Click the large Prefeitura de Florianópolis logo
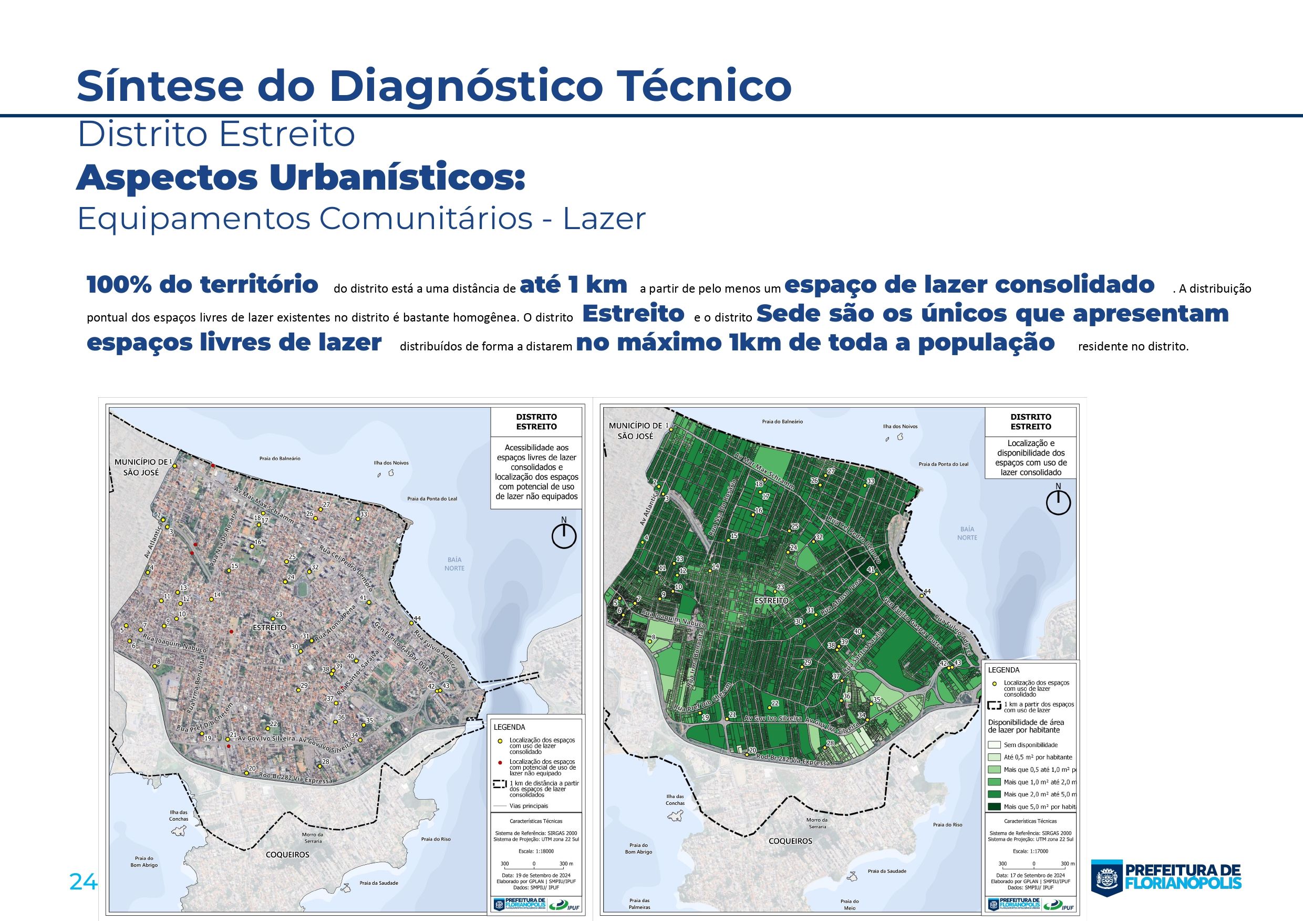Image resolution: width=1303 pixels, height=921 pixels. click(1166, 877)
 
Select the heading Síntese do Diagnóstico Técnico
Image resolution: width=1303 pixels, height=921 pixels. click(433, 86)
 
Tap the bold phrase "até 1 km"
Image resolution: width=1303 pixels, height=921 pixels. click(573, 285)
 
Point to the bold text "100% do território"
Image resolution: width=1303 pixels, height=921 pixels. click(202, 285)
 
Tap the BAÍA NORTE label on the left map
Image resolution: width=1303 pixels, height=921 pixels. click(454, 564)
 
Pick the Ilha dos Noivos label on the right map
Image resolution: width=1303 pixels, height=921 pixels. click(899, 426)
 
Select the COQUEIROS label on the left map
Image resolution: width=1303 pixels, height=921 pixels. click(288, 854)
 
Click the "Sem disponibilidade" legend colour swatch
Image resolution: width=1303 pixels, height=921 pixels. click(994, 745)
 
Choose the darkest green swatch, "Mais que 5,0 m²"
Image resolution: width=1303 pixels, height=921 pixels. click(994, 806)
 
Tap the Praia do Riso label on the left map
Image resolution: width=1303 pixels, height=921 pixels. click(436, 839)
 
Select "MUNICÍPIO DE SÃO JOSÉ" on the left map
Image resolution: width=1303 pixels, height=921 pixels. click(141, 467)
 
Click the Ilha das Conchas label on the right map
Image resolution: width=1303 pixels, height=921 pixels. click(675, 800)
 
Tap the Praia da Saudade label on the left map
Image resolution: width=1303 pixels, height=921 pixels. click(378, 883)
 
